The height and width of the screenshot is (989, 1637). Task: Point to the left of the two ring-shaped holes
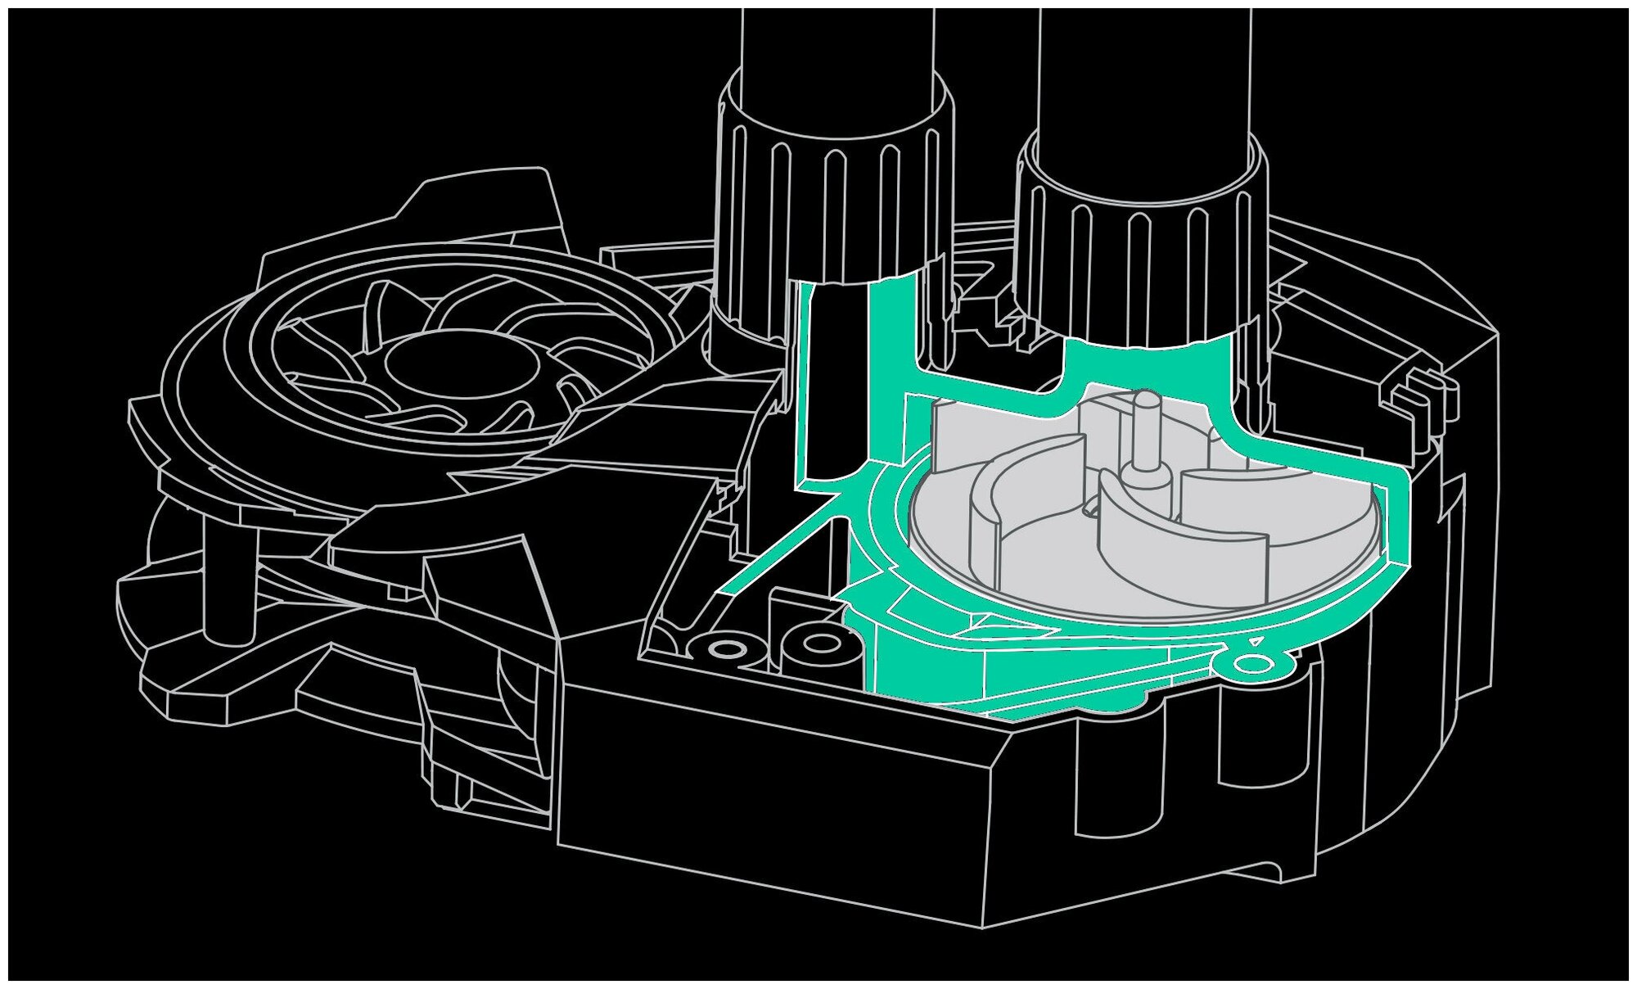click(723, 649)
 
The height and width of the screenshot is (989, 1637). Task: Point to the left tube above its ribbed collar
click(835, 49)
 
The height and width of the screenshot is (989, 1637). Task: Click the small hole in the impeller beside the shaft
click(1091, 508)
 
